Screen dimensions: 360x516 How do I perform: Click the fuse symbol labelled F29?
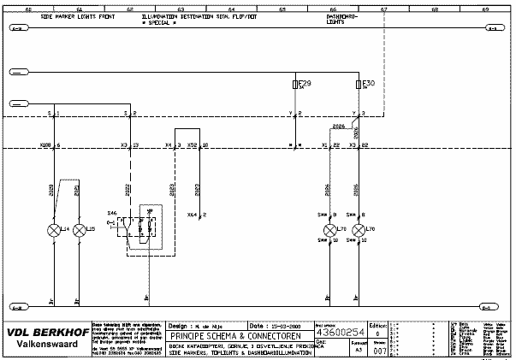[295, 86]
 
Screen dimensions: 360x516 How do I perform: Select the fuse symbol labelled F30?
[358, 86]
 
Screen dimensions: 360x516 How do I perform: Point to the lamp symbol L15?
[80, 230]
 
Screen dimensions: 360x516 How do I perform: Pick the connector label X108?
[45, 146]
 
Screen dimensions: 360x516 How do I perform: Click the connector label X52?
[193, 146]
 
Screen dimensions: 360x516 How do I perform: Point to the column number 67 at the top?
[384, 9]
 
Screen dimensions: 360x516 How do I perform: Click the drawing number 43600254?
[341, 332]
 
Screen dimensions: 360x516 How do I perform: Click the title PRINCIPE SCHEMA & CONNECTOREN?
[214, 335]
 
